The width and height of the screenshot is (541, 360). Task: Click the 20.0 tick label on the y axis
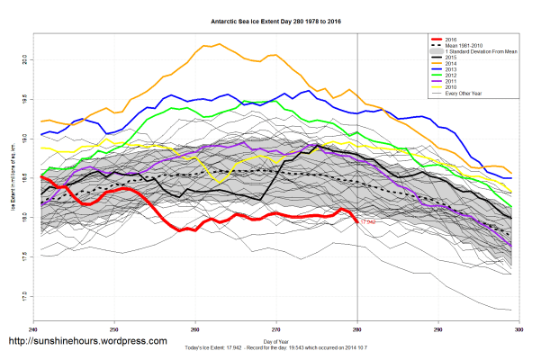pos(24,59)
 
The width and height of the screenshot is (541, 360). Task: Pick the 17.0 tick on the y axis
pos(24,296)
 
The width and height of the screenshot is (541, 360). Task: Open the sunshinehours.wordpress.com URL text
pos(87,342)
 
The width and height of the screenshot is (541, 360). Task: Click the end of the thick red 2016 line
pos(357,221)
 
